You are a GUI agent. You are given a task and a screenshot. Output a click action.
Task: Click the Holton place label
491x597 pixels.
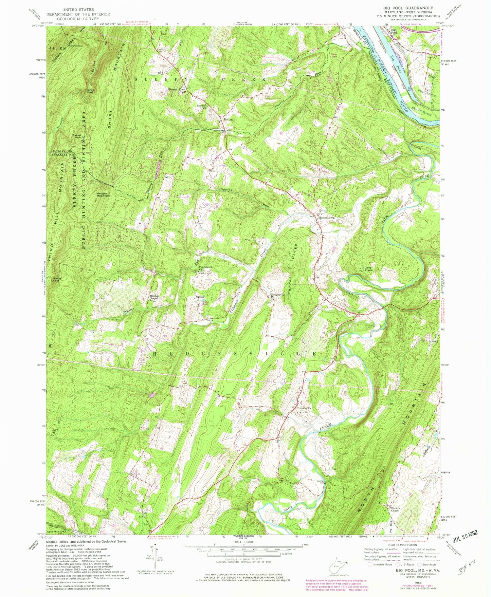pyautogui.click(x=228, y=120)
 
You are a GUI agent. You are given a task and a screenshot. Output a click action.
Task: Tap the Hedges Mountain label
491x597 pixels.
pyautogui.click(x=102, y=194)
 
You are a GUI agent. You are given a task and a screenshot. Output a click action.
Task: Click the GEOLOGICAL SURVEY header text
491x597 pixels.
pyautogui.click(x=72, y=19)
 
